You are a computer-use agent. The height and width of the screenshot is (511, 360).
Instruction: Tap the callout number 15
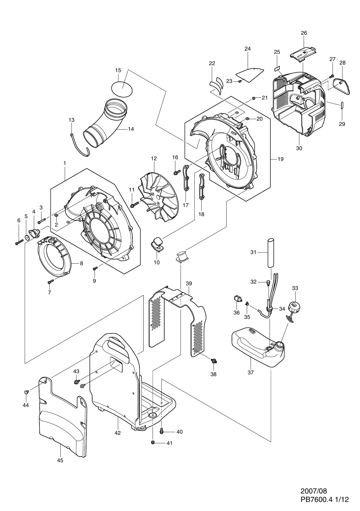coord(118,70)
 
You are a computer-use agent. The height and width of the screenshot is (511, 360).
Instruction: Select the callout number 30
coord(299,148)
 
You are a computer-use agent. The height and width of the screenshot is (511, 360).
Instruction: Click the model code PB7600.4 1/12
coord(325,500)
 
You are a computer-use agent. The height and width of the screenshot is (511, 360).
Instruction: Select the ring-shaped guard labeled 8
coord(55,256)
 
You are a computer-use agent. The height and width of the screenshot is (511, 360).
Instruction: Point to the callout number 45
coord(60,460)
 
